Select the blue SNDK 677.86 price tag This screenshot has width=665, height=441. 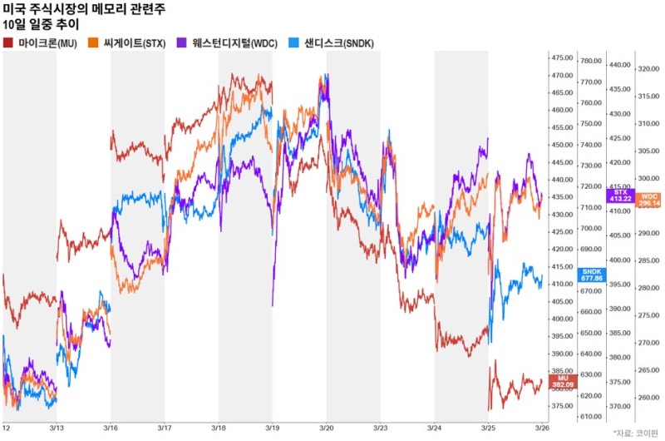click(592, 275)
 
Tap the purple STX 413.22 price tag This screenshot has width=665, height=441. click(620, 196)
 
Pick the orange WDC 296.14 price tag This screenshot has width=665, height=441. click(648, 199)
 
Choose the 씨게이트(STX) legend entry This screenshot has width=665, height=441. click(137, 42)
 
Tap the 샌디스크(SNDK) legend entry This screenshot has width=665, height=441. click(333, 42)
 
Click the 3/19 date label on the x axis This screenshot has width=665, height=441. click(272, 427)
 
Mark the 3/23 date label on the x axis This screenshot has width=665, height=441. click(380, 427)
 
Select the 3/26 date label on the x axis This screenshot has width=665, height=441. click(541, 427)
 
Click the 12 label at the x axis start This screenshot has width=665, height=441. click(6, 427)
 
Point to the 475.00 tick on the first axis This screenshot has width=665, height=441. click(562, 57)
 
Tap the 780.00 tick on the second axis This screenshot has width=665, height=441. click(591, 62)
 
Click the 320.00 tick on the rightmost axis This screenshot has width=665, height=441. click(648, 70)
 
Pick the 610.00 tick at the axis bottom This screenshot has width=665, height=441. click(591, 417)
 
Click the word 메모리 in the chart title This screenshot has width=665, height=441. click(122, 9)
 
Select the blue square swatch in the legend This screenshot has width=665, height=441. click(293, 42)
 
